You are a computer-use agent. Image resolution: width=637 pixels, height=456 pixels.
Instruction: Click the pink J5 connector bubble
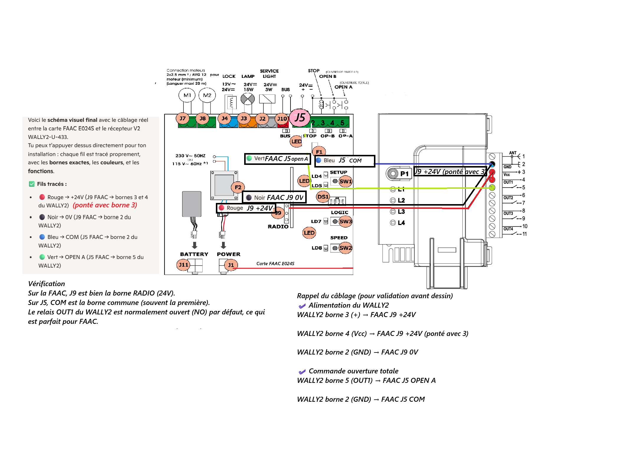300,118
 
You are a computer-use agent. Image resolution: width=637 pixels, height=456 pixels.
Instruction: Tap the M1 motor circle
187,95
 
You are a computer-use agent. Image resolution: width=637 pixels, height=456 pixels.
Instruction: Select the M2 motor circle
207,95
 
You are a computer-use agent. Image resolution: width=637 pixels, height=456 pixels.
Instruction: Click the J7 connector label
183,119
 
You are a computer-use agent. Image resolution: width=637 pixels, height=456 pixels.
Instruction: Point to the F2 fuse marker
238,187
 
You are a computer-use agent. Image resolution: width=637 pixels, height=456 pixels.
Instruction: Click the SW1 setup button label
345,181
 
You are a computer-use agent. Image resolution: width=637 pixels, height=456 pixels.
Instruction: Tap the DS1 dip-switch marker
323,197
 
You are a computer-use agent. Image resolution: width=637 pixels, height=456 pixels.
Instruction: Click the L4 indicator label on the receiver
401,223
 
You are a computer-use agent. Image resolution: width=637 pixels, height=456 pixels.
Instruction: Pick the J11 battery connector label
183,265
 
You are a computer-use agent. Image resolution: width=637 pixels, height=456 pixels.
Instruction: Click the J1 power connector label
231,265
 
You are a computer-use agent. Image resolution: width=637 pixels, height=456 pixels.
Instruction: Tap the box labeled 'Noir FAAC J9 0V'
274,197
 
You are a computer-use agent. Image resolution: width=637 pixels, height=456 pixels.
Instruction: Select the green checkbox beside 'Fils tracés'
32,184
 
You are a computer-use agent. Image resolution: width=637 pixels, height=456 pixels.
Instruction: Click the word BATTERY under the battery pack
194,254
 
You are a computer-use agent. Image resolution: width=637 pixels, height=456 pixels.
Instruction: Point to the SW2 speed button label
345,248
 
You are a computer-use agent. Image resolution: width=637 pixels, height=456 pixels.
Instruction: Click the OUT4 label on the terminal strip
508,229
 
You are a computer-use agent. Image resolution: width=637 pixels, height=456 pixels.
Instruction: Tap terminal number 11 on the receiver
525,234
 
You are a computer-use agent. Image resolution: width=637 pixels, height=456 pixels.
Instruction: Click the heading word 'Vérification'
46,284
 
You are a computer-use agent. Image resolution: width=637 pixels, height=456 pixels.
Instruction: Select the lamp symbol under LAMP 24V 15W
247,99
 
